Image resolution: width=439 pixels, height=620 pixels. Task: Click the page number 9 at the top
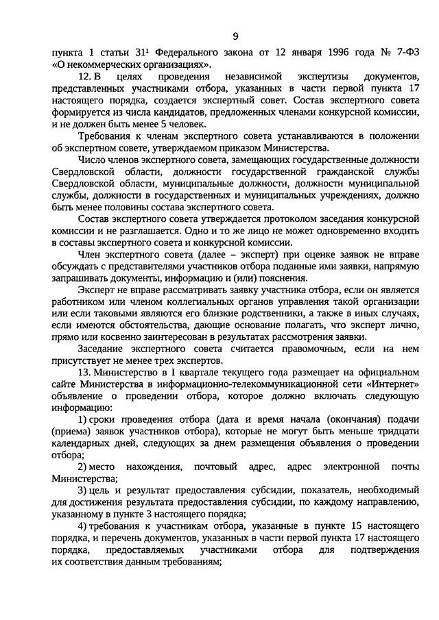coord(235,36)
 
